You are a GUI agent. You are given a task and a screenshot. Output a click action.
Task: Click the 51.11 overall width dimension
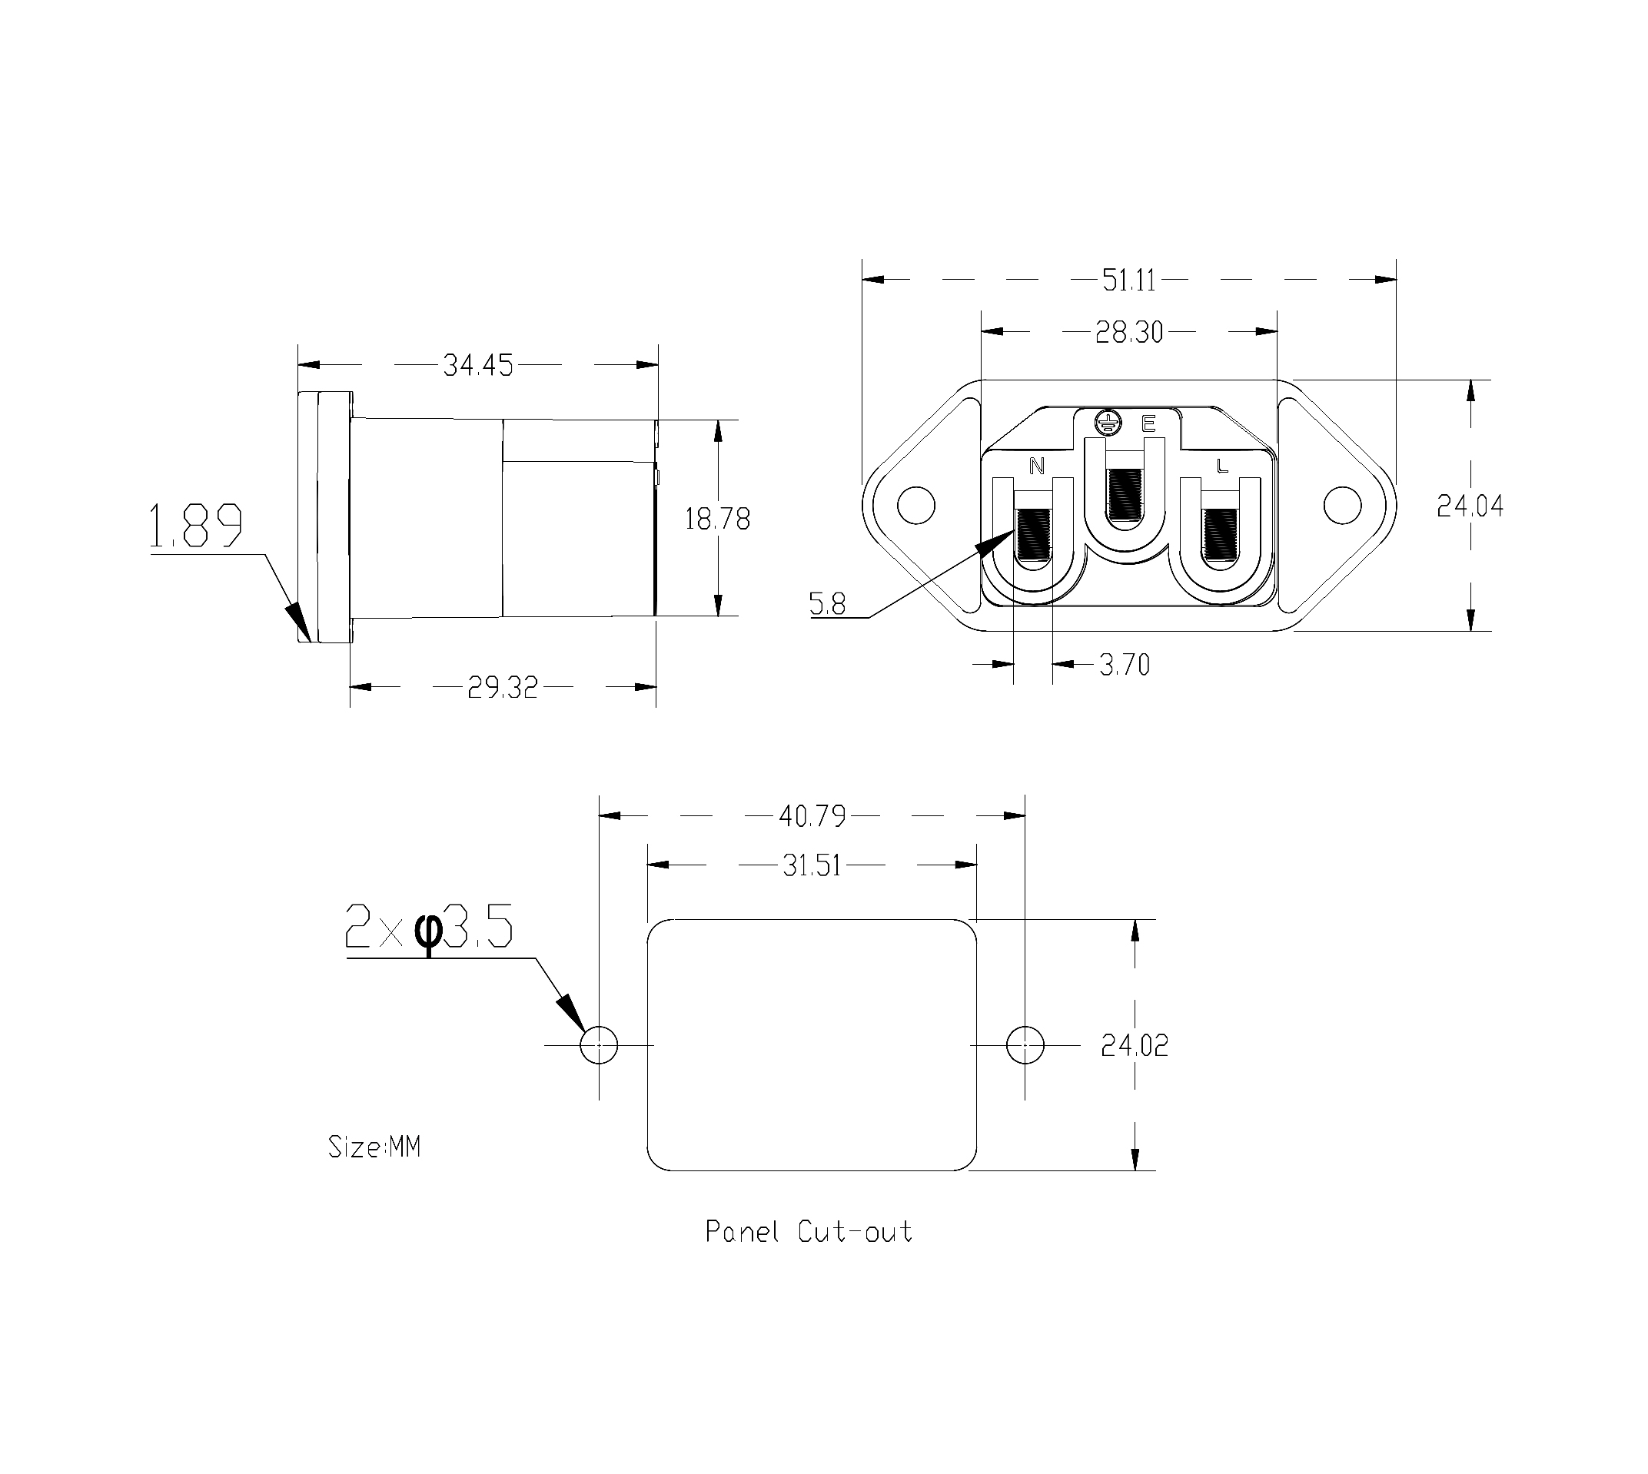click(1129, 281)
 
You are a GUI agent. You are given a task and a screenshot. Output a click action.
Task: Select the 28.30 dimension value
click(1129, 332)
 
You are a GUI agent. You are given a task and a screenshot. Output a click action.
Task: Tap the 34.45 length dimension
click(478, 366)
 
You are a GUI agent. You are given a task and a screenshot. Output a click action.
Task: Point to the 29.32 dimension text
click(502, 688)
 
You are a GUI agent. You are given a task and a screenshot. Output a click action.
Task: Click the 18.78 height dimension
click(717, 518)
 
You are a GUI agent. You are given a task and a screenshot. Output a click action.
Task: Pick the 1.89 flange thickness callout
click(195, 526)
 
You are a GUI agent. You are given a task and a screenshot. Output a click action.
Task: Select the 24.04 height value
click(1470, 506)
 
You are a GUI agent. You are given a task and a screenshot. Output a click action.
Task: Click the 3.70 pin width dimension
click(1125, 665)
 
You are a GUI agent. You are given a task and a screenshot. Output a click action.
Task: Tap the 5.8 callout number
click(827, 604)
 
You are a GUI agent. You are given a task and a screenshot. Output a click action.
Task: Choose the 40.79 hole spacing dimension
click(812, 816)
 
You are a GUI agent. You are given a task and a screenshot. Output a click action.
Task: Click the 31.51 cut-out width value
click(812, 867)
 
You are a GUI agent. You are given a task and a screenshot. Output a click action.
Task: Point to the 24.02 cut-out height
click(1135, 1047)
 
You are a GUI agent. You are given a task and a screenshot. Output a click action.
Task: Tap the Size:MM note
click(374, 1147)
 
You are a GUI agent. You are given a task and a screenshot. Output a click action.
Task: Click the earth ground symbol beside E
click(1107, 421)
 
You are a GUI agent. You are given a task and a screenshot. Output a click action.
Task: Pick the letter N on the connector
click(1037, 466)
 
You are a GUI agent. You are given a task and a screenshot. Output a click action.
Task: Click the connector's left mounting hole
click(916, 505)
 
